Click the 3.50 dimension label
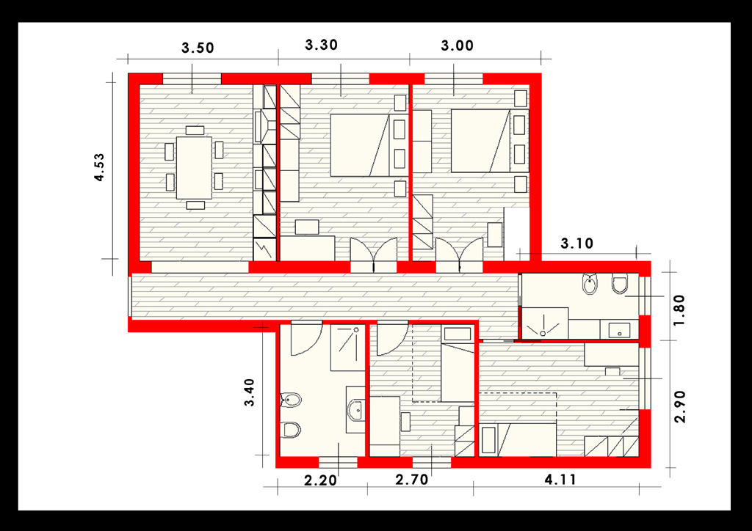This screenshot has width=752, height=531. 198,48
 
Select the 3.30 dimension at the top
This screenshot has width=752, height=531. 322,45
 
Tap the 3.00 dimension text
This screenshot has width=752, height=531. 457,46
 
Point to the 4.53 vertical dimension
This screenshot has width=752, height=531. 99,167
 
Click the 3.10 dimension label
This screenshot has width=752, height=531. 577,243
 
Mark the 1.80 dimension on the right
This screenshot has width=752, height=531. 679,310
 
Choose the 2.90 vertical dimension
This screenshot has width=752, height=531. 679,407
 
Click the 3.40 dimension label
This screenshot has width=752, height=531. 250,392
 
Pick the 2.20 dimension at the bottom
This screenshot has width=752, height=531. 320,480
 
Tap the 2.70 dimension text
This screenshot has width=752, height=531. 411,479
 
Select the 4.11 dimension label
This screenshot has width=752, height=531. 560,479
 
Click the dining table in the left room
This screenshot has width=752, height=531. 194,167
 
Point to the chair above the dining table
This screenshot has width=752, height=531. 195,131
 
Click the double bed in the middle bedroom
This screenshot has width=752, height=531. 360,145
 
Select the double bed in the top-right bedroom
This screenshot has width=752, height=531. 480,141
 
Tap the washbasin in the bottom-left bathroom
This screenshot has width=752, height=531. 356,410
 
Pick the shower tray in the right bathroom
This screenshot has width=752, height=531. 544,323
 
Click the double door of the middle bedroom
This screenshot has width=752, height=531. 374,254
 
